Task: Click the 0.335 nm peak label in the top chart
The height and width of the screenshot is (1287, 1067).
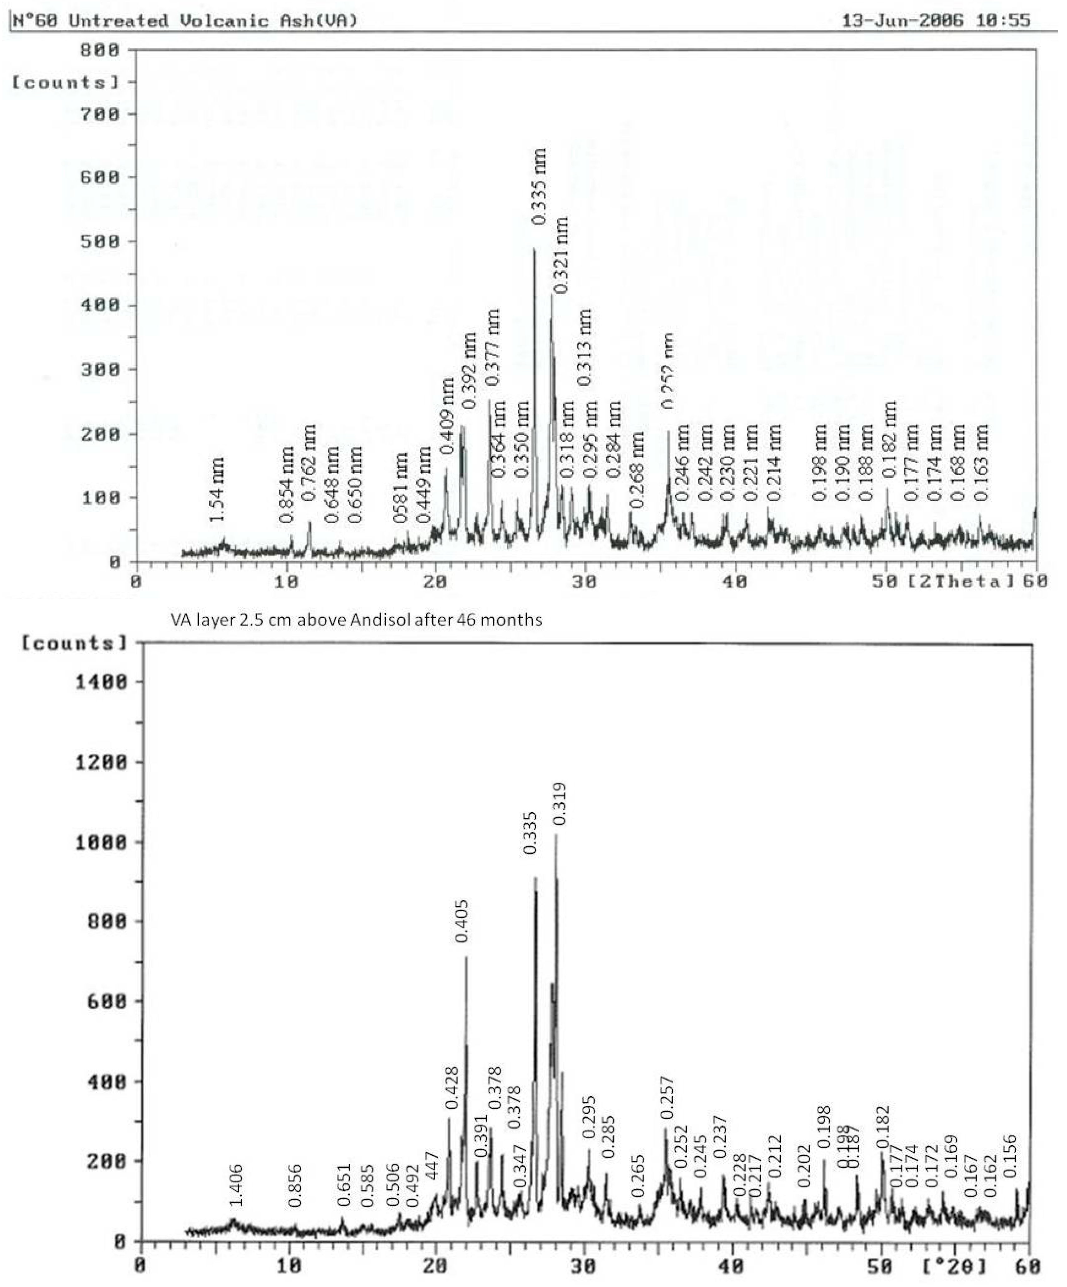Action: [538, 186]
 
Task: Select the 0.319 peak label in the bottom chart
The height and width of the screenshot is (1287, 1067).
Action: [559, 804]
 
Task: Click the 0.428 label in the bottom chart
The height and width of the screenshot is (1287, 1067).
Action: [452, 1087]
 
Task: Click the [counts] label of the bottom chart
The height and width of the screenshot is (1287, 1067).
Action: [74, 643]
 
